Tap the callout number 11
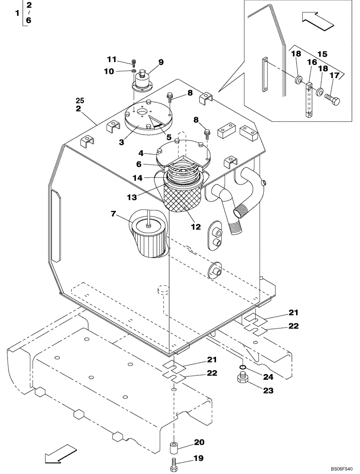(111, 59)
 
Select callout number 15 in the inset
(322, 55)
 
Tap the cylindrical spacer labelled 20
(175, 447)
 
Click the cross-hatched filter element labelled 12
(182, 197)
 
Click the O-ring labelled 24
(242, 367)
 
